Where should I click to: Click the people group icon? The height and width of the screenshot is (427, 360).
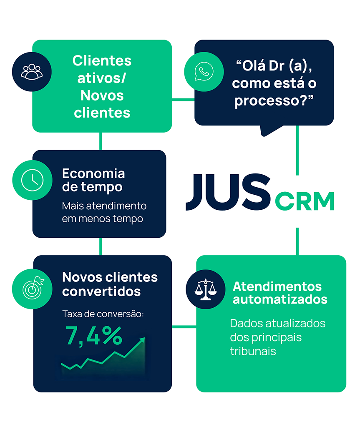coord(32,71)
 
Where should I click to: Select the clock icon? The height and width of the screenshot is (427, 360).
coord(32,180)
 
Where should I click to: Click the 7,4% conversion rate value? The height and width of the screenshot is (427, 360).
coord(94,336)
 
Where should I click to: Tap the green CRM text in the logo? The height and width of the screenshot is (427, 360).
coord(304,201)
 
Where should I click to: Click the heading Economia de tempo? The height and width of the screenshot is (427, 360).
coord(93,180)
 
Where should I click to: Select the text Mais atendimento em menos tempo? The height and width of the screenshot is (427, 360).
coord(104,212)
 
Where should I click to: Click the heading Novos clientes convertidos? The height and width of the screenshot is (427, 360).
coord(110,284)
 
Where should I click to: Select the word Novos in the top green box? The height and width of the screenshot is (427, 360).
coord(102,95)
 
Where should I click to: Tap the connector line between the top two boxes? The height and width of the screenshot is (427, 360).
coord(183,99)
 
